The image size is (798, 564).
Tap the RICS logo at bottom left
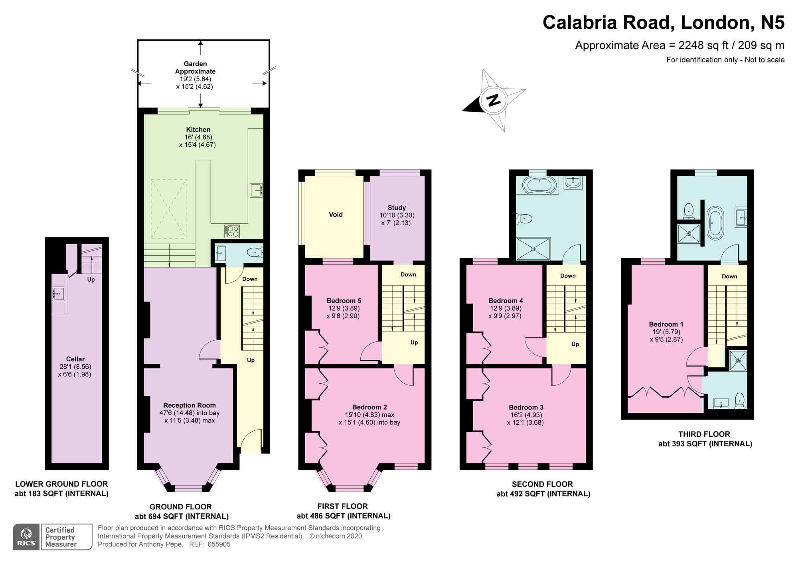(26, 537)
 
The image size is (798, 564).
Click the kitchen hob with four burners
(232, 231)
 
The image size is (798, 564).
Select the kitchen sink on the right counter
(256, 190)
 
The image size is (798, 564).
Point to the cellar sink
(58, 294)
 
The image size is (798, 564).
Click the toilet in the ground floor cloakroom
(254, 252)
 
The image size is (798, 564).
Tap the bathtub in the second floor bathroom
(538, 185)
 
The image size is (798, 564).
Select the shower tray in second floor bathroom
(533, 248)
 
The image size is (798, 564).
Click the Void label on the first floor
(336, 215)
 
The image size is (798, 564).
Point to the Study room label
(397, 208)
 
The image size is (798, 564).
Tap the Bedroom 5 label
(344, 301)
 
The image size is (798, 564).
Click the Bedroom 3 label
(526, 407)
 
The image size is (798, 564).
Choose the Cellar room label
(75, 359)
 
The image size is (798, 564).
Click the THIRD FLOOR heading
(704, 434)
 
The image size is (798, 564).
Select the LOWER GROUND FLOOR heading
(61, 484)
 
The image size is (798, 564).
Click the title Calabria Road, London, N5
(663, 22)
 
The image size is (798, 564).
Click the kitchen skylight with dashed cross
(168, 209)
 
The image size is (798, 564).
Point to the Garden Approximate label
(195, 67)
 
